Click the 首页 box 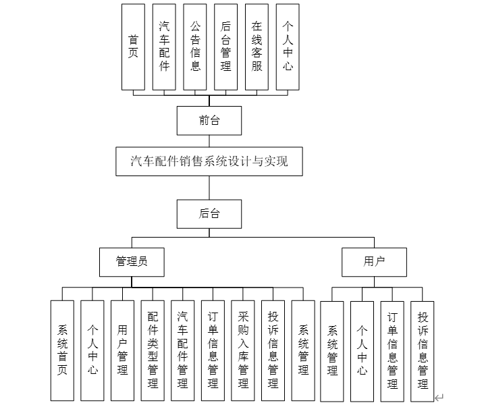point(133,47)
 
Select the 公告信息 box point(195,47)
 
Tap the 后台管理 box point(226,47)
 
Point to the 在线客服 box point(257,47)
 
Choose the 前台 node point(209,121)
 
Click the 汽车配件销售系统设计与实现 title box point(209,161)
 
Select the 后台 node point(209,214)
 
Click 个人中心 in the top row point(288,47)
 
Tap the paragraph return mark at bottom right point(439,398)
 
